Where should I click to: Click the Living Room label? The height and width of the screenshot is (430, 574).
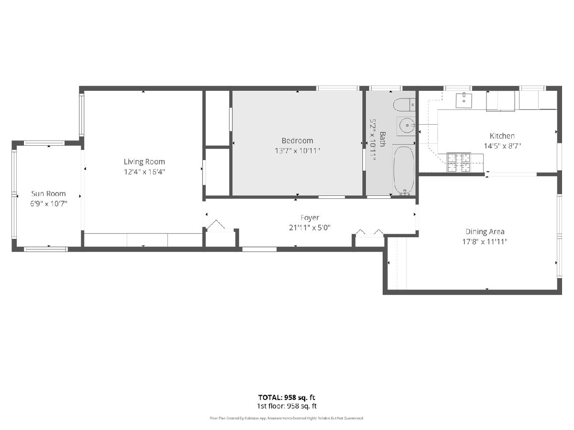pyautogui.click(x=144, y=162)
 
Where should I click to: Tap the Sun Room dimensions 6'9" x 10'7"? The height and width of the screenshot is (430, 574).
pyautogui.click(x=49, y=204)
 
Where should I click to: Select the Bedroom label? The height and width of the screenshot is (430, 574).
pyautogui.click(x=298, y=141)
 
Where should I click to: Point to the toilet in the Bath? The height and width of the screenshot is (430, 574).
pyautogui.click(x=404, y=105)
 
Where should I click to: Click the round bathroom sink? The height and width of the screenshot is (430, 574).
pyautogui.click(x=406, y=126)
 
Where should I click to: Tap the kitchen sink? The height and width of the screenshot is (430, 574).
pyautogui.click(x=464, y=100)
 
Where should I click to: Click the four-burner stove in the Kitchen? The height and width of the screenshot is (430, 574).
pyautogui.click(x=459, y=162)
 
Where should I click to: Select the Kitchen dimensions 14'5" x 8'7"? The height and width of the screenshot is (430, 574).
pyautogui.click(x=502, y=146)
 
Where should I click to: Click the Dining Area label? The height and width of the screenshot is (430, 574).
pyautogui.click(x=485, y=232)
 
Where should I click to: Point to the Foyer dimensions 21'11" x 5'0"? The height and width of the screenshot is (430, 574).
pyautogui.click(x=309, y=228)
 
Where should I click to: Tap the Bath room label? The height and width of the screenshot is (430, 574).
pyautogui.click(x=382, y=139)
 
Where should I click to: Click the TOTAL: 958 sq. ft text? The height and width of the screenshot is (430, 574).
pyautogui.click(x=287, y=398)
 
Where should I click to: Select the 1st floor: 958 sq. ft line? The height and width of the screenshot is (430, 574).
pyautogui.click(x=287, y=406)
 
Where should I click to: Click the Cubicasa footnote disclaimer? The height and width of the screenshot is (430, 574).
pyautogui.click(x=287, y=418)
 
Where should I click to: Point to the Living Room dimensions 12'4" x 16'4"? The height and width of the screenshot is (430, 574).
pyautogui.click(x=144, y=172)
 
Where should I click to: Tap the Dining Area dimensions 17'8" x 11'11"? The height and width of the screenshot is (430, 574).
pyautogui.click(x=485, y=241)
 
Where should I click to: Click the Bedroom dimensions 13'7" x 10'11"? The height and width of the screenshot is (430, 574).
pyautogui.click(x=298, y=150)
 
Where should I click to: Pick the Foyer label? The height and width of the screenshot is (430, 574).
pyautogui.click(x=309, y=218)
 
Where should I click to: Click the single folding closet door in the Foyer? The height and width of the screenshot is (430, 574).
pyautogui.click(x=216, y=225)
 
